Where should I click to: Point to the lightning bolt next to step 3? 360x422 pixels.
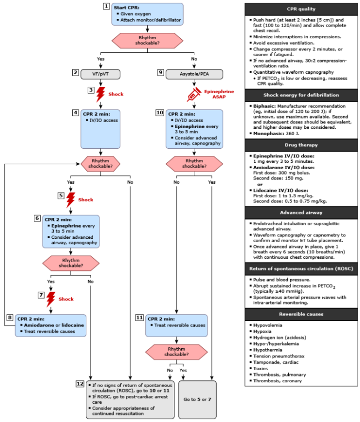[x=100, y=94]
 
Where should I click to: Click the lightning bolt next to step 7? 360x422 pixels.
[x=51, y=299]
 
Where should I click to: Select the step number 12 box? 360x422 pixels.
[x=80, y=384]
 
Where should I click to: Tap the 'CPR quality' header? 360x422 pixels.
[x=301, y=9]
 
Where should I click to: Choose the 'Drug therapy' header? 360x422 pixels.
[x=301, y=145]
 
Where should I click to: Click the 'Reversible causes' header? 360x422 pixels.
[x=301, y=314]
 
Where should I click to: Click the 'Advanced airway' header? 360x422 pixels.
[x=301, y=212]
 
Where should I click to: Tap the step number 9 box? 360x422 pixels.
[x=161, y=73]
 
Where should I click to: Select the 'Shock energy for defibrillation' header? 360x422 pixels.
[x=301, y=95]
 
